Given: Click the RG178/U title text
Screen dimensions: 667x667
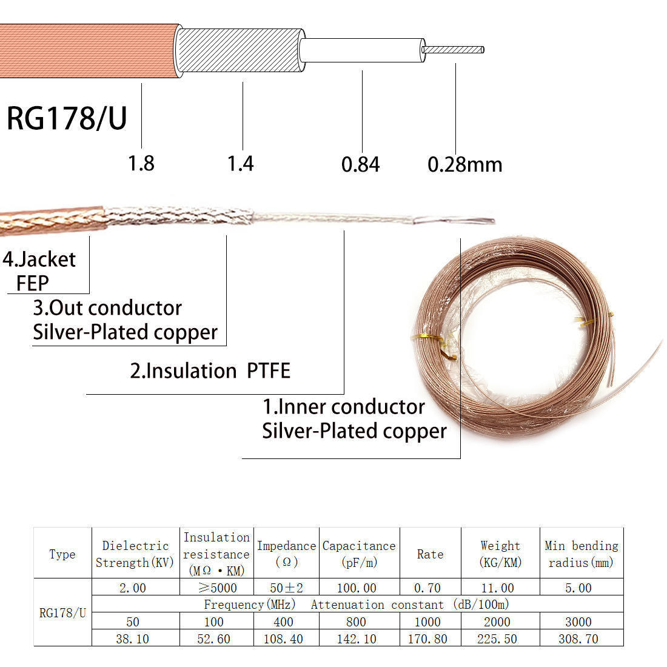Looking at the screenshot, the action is (x=67, y=118).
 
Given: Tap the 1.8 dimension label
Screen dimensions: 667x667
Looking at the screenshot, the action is (x=141, y=164).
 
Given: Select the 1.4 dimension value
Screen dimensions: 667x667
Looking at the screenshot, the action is (x=240, y=164).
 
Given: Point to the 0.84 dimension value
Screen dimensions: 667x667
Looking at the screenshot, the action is (x=360, y=164).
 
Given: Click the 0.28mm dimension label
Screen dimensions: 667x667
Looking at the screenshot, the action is (x=464, y=164).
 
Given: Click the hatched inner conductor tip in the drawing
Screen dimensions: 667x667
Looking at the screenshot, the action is (x=453, y=50).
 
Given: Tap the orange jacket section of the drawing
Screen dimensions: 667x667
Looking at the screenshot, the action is (x=89, y=50).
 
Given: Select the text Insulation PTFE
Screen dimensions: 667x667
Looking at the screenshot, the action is (x=210, y=370).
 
